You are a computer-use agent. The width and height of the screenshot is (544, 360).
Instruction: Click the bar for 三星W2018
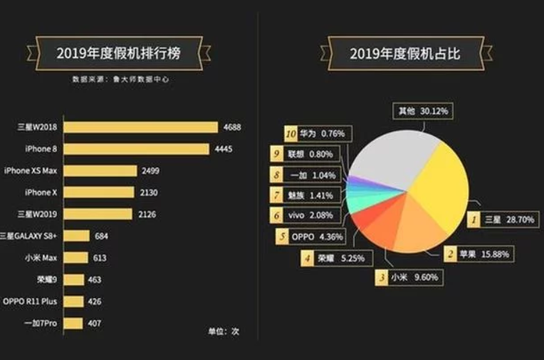[141, 127]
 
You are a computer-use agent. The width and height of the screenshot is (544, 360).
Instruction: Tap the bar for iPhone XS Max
[100, 171]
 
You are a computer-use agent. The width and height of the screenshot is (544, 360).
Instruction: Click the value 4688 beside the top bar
[232, 127]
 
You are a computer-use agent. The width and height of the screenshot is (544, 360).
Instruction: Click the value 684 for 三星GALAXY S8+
[103, 235]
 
